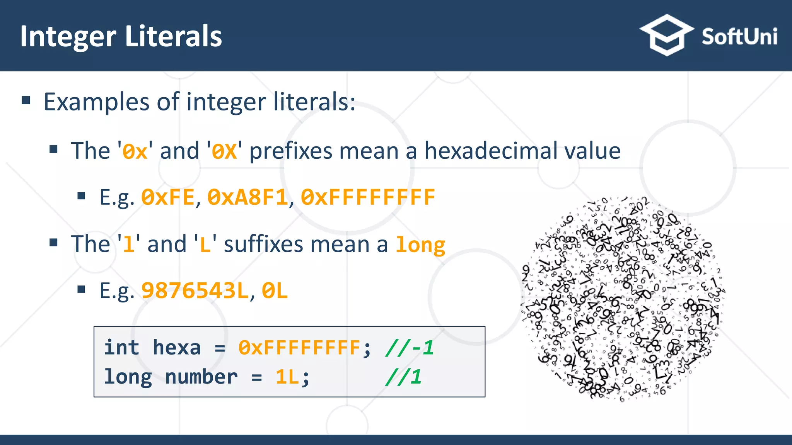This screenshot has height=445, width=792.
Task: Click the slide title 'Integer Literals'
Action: coord(121,36)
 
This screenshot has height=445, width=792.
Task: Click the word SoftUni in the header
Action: coord(739,37)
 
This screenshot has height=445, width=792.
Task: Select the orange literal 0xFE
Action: coord(167,197)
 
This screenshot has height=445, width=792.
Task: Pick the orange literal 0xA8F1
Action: coord(247,197)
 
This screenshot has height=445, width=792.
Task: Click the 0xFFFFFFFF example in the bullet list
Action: coord(368,197)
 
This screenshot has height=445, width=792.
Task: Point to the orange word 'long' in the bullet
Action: coord(420,245)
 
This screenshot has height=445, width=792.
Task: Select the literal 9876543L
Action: coord(195,291)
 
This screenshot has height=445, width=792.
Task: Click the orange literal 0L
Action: coord(275,291)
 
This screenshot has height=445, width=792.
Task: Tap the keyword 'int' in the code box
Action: coord(121,347)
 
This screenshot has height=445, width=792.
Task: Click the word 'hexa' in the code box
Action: coord(177,347)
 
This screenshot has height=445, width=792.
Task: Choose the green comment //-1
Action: coord(409,347)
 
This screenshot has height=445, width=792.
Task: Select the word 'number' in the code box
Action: coord(201,377)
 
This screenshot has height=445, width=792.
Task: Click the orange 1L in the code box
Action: coord(287,377)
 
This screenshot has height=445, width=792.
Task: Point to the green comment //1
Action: coord(403,377)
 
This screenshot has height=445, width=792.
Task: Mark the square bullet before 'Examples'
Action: coord(26,101)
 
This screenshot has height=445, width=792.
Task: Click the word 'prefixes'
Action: coord(290,150)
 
